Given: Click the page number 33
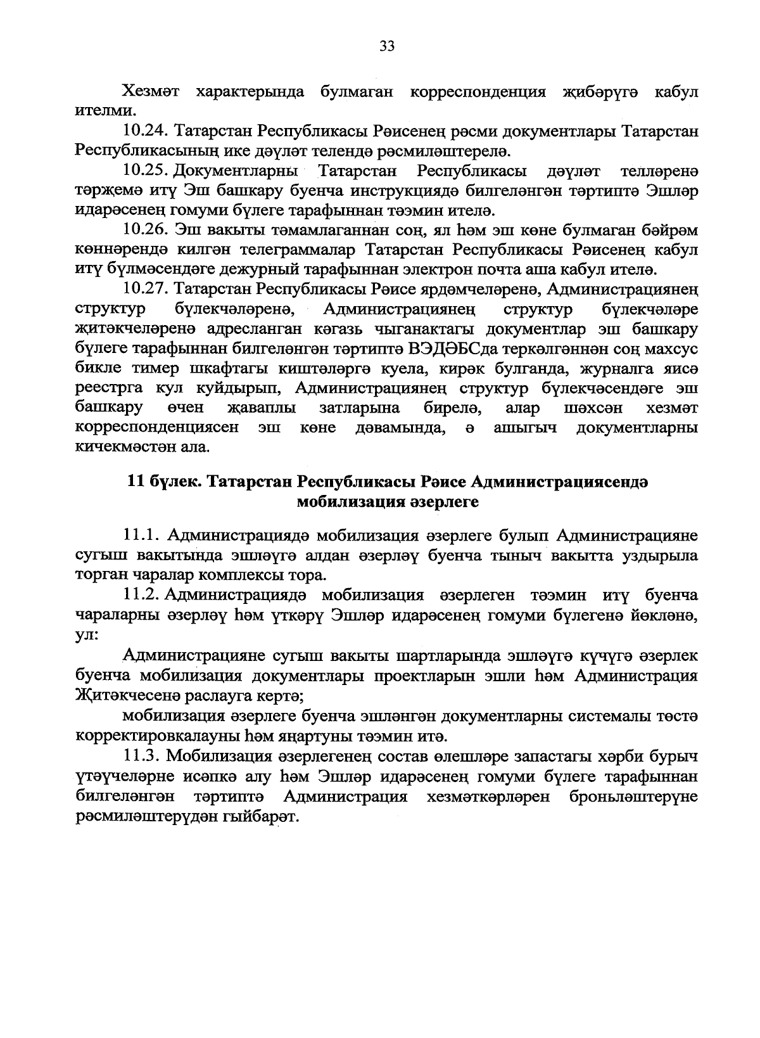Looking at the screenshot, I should [x=387, y=46].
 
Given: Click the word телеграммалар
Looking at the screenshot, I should [x=306, y=250].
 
